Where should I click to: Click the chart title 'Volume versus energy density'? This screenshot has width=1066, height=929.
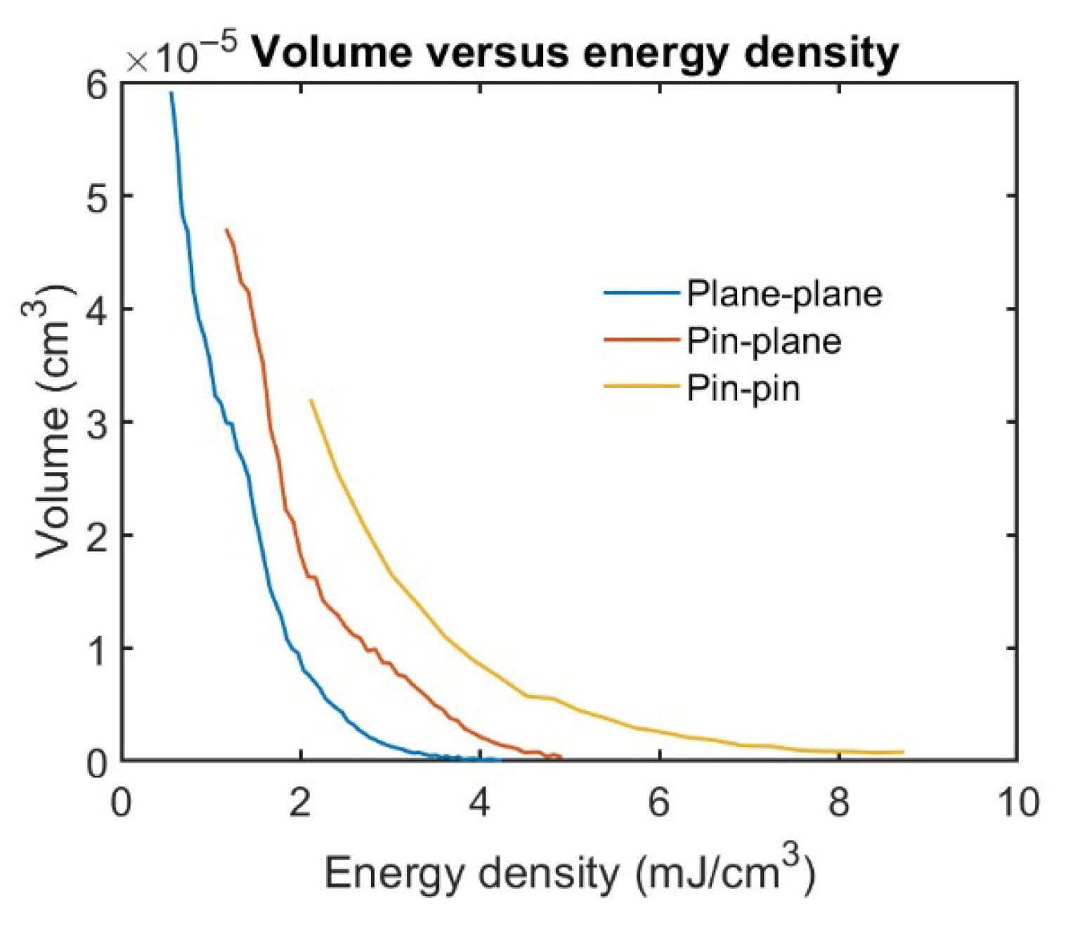(x=575, y=52)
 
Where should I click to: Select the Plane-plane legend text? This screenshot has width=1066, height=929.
(x=784, y=293)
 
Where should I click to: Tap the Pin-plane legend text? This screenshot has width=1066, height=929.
(x=764, y=341)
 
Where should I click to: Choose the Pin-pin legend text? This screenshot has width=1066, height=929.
(x=743, y=388)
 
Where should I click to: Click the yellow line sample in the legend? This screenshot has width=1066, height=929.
(x=642, y=386)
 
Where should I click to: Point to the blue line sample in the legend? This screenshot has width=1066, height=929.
(x=642, y=292)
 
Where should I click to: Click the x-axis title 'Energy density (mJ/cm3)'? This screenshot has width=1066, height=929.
(x=569, y=873)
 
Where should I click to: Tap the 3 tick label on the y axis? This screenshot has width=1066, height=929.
(x=98, y=422)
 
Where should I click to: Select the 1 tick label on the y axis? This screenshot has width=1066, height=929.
(x=98, y=649)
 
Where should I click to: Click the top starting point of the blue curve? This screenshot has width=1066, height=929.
(x=171, y=93)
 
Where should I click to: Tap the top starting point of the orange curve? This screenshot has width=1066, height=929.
(x=226, y=230)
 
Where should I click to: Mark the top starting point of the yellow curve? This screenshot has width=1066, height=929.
(x=311, y=400)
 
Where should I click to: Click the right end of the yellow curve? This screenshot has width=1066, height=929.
(x=902, y=752)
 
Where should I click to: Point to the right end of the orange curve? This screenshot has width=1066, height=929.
(x=561, y=758)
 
